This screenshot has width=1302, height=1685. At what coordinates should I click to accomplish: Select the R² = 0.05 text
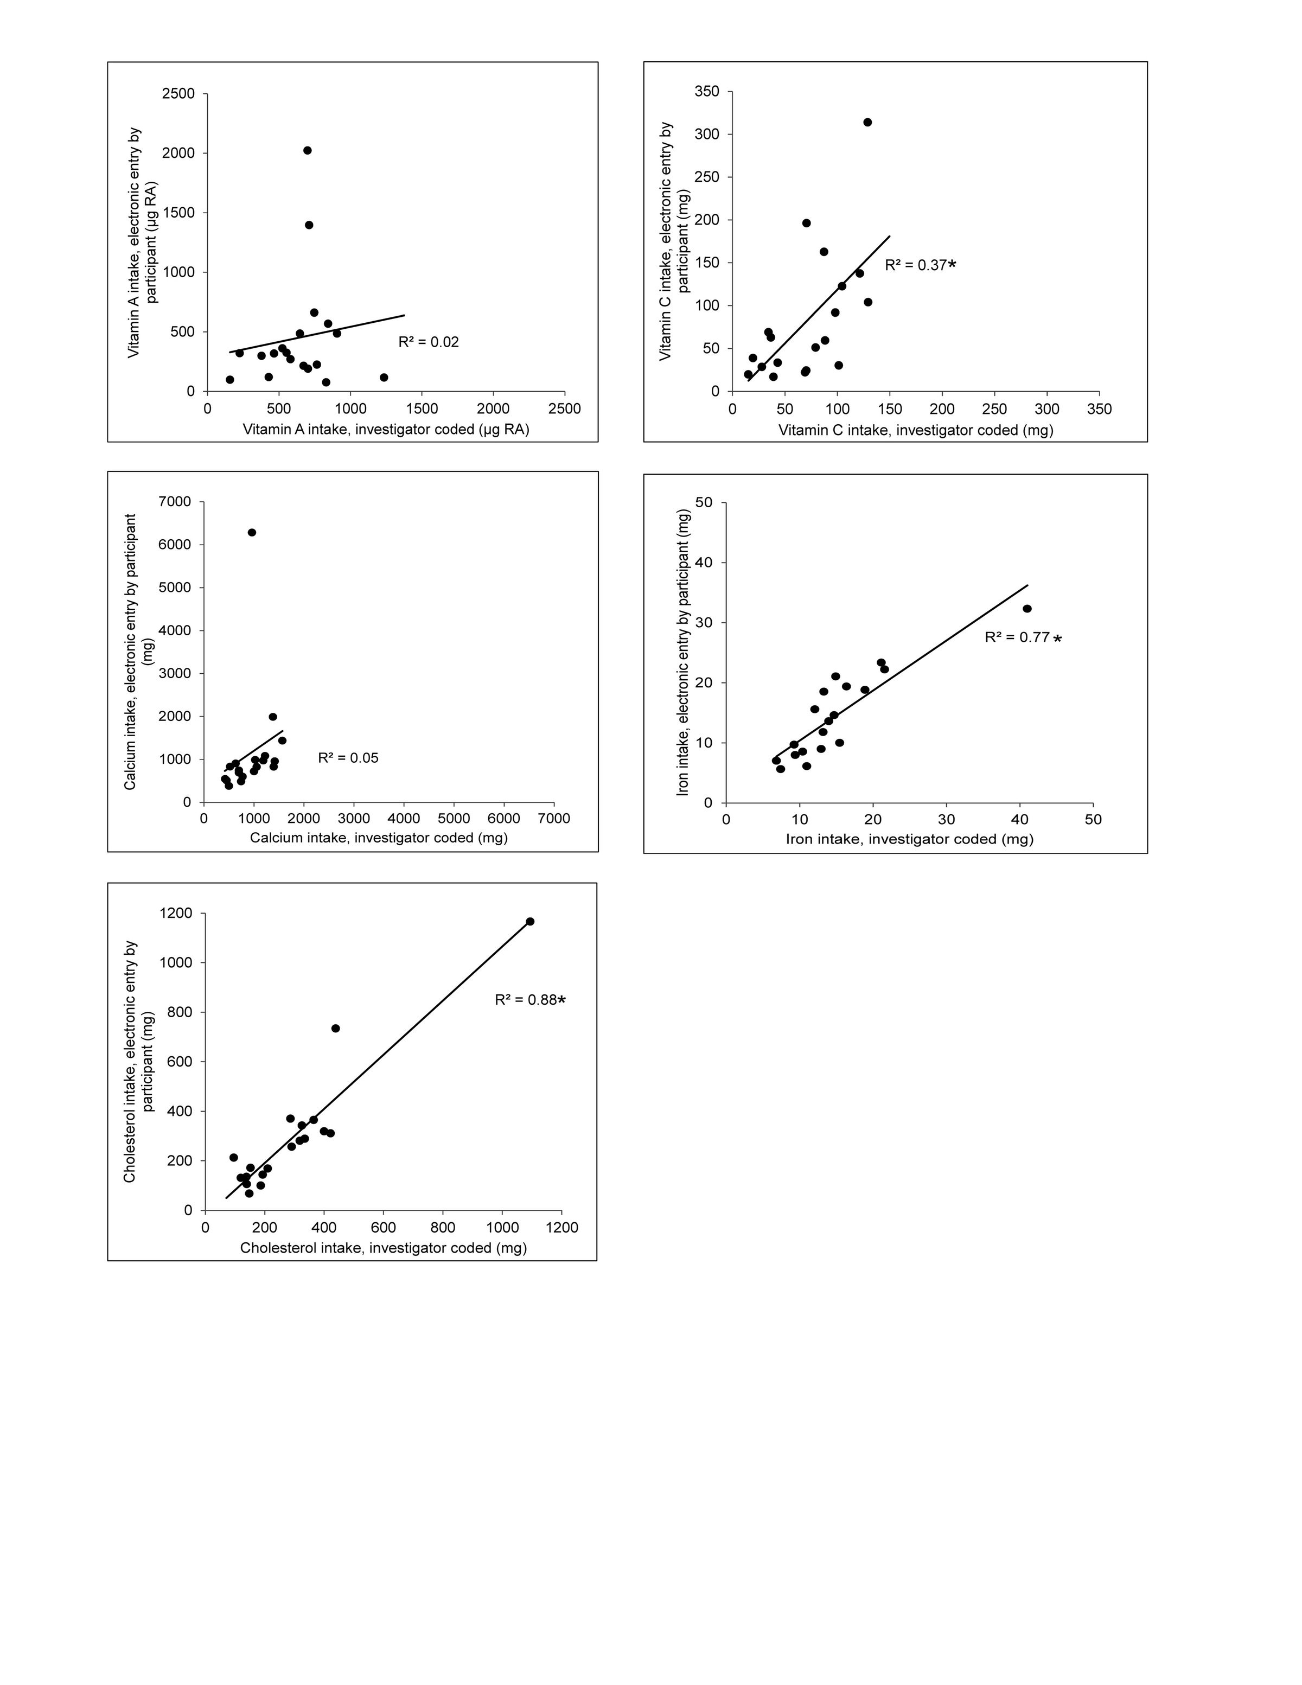[x=348, y=758]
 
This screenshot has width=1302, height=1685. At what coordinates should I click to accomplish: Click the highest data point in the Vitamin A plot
[x=307, y=150]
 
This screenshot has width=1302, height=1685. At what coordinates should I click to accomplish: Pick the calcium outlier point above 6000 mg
[x=252, y=532]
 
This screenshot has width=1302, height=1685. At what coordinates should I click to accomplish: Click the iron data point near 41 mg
[x=1026, y=609]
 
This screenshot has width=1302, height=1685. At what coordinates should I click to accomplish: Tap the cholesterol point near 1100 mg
[x=530, y=921]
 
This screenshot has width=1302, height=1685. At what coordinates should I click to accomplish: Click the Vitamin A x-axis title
[x=386, y=430]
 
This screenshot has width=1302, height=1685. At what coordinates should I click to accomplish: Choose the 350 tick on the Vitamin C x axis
[x=1099, y=409]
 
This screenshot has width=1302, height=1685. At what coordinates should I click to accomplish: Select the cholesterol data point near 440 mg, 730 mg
[x=335, y=1029]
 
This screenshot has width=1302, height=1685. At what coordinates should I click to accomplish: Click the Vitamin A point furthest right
[x=384, y=377]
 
